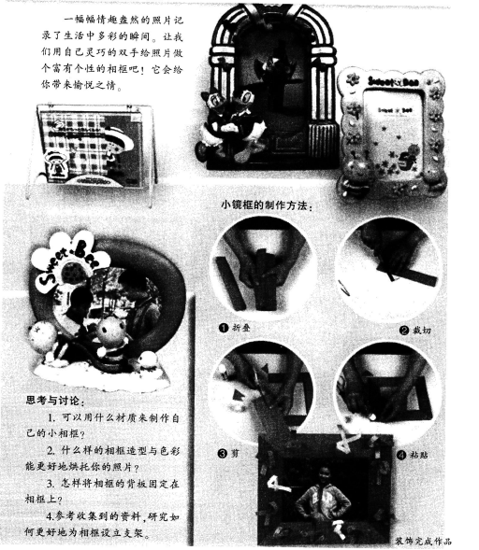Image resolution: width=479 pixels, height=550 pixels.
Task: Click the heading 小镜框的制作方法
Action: tap(266, 204)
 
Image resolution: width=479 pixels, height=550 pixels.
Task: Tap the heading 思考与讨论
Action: tap(55, 400)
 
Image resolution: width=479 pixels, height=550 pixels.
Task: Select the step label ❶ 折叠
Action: tap(235, 328)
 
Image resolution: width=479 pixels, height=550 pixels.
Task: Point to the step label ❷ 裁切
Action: tap(415, 330)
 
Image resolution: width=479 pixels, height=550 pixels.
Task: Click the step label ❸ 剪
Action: tap(229, 453)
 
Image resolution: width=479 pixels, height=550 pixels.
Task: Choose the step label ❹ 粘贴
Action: tap(413, 455)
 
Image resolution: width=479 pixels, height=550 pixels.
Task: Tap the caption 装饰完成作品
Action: tap(424, 541)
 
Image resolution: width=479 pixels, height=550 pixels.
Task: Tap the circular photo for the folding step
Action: tap(263, 265)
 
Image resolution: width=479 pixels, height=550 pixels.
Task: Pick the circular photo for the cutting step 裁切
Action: tap(388, 267)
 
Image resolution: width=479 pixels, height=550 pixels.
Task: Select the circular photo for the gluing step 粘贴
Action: tap(388, 389)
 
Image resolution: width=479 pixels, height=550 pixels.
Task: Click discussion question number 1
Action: tap(102, 425)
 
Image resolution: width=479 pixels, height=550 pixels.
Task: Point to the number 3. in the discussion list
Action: tap(51, 484)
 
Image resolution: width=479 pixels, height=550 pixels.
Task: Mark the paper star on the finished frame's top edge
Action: tap(347, 439)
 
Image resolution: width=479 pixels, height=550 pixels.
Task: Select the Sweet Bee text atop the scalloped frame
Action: tap(394, 82)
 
